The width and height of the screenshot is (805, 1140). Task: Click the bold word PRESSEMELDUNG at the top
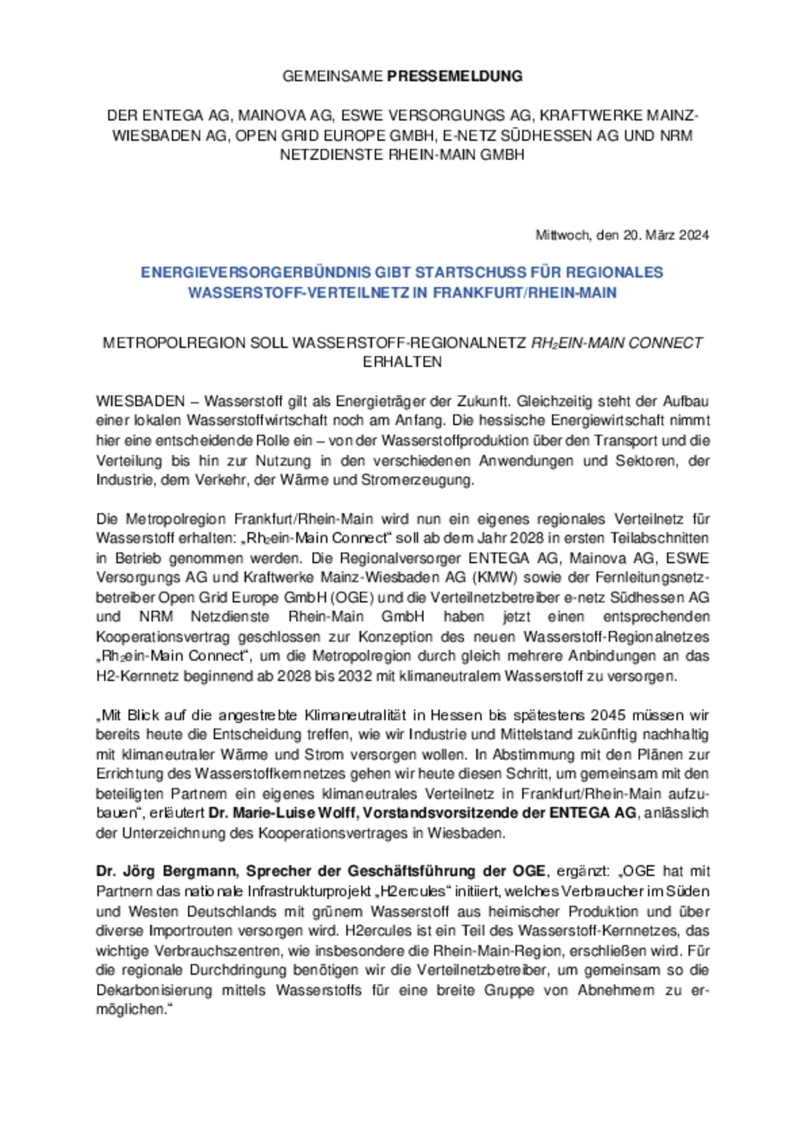(x=454, y=76)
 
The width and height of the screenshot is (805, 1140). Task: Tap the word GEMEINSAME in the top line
(x=333, y=76)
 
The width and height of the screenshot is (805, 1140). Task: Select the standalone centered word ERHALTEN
(x=402, y=362)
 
